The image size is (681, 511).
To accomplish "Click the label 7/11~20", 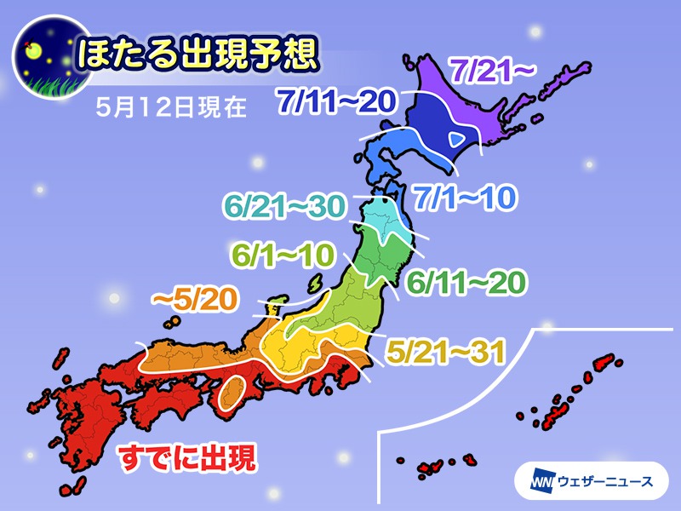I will click(335, 103).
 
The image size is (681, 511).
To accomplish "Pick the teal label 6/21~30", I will click(285, 207).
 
